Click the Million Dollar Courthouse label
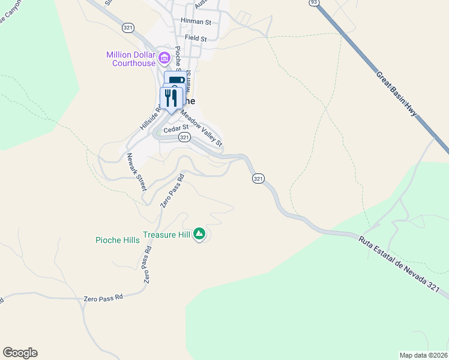(x=130, y=59)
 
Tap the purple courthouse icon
(x=163, y=59)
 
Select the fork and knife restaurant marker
(x=171, y=97)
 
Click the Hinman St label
(x=196, y=22)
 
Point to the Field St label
(x=196, y=38)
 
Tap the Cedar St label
(x=178, y=127)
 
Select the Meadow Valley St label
(x=202, y=130)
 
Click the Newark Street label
(x=136, y=172)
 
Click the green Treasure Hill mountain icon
(x=199, y=235)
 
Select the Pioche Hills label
(x=118, y=240)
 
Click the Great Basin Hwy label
(x=396, y=94)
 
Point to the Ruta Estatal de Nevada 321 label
(x=403, y=264)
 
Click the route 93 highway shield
(x=313, y=3)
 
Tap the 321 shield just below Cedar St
(x=184, y=137)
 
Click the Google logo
(x=20, y=353)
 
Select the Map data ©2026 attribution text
(x=423, y=355)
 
